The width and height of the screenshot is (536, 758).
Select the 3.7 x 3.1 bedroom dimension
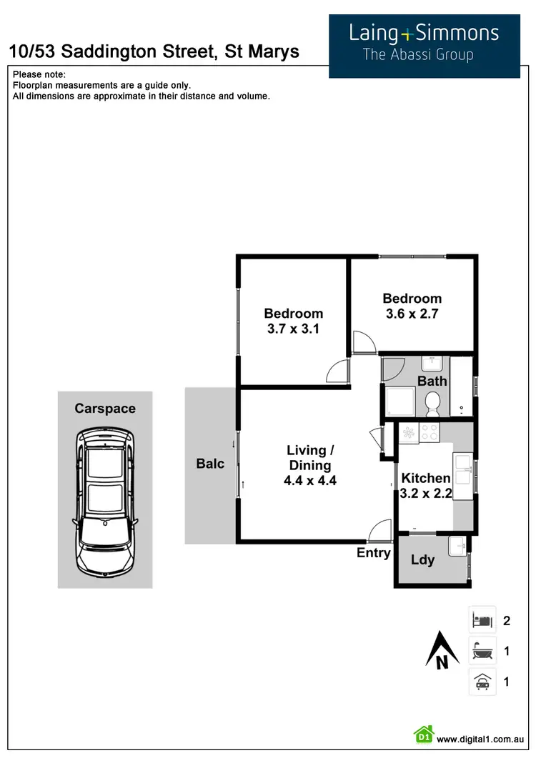pyautogui.click(x=293, y=329)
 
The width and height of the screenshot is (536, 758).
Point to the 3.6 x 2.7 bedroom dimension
pyautogui.click(x=412, y=314)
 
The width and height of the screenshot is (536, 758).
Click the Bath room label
pyautogui.click(x=432, y=381)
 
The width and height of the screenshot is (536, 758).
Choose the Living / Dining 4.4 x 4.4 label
pyautogui.click(x=310, y=465)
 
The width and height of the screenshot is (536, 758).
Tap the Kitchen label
pyautogui.click(x=426, y=478)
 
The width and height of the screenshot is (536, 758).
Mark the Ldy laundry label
pyautogui.click(x=422, y=560)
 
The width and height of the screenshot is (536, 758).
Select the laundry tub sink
pyautogui.click(x=457, y=547)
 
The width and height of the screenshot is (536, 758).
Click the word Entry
pyautogui.click(x=374, y=553)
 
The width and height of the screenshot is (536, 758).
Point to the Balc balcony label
pyautogui.click(x=210, y=464)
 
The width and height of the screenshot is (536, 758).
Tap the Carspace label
pyautogui.click(x=105, y=409)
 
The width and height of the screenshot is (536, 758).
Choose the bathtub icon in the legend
pyautogui.click(x=482, y=652)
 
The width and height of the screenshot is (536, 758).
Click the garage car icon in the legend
pyautogui.click(x=482, y=682)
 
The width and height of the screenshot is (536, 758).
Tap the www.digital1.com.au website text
pyautogui.click(x=481, y=739)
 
